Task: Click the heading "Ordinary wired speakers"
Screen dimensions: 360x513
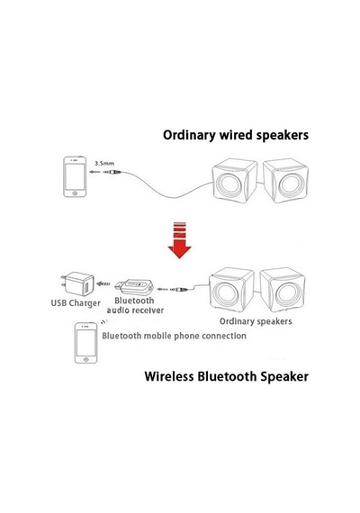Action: tap(236, 135)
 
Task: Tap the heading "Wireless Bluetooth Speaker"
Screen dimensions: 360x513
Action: tap(227, 376)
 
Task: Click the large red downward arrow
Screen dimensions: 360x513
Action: tap(179, 240)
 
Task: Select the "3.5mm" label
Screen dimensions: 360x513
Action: tap(104, 163)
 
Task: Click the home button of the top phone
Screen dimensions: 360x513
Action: tap(75, 193)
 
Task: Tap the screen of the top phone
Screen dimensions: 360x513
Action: tap(75, 176)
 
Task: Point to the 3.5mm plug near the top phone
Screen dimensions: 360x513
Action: tap(112, 172)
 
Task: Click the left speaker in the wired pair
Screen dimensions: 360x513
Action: tap(234, 181)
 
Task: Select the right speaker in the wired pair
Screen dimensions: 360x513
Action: tap(285, 181)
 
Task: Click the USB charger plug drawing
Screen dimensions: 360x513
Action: tap(77, 283)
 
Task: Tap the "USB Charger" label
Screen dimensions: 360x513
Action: tap(76, 303)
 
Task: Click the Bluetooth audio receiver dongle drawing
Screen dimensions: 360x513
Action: tap(134, 286)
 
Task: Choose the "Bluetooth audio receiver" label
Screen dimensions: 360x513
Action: tap(135, 305)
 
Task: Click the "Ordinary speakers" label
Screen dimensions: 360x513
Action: tap(256, 321)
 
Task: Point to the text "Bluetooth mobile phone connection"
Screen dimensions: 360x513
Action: tap(174, 336)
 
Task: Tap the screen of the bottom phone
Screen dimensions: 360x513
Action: tap(86, 343)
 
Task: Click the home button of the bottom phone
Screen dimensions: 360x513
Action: tap(86, 359)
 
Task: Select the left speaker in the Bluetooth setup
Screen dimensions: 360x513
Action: tap(231, 290)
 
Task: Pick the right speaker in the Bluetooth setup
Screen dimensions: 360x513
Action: tap(283, 290)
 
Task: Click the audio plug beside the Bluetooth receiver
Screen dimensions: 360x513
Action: tap(178, 290)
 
